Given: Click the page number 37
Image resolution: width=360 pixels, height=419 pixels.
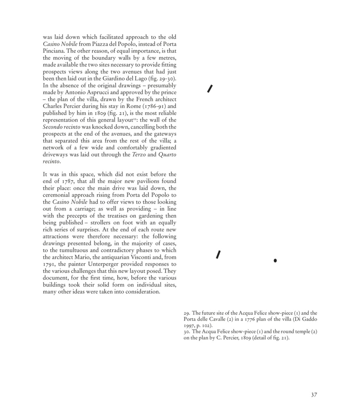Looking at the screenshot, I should (x=314, y=395).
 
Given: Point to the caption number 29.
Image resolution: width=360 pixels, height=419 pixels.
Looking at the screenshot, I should (x=187, y=313).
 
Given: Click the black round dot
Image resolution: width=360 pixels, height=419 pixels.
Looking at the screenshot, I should (x=275, y=261).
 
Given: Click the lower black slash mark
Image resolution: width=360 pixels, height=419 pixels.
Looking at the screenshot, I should (x=219, y=255).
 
